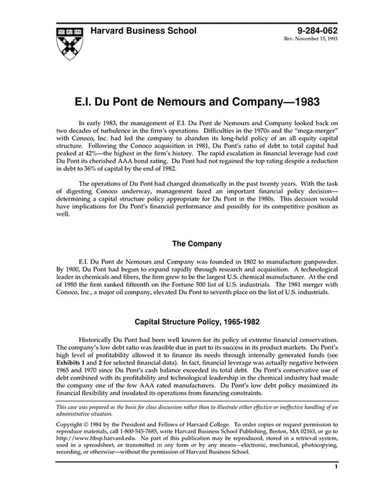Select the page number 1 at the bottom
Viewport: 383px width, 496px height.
[x=336, y=487]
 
